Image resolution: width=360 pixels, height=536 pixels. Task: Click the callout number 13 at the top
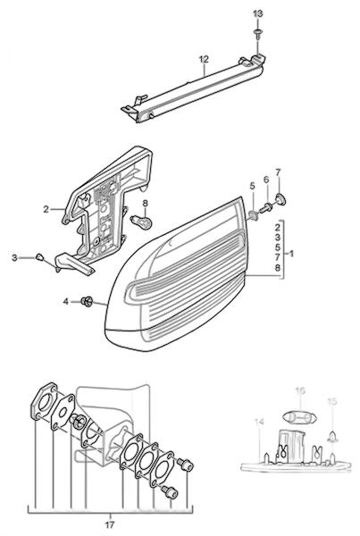point(258,14)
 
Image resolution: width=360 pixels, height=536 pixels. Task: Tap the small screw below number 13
point(258,33)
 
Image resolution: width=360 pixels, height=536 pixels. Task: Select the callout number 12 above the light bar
point(204,59)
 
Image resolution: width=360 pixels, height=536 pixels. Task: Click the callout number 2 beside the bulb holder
point(46,209)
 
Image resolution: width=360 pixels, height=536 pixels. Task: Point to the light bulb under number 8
point(142,221)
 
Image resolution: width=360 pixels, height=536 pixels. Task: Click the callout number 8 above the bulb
point(146,204)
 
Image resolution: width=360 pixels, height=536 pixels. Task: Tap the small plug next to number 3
point(39,256)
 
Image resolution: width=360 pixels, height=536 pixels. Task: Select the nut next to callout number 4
point(87,301)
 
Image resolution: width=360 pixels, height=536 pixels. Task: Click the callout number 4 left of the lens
point(66,302)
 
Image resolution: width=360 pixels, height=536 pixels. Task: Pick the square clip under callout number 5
point(254,215)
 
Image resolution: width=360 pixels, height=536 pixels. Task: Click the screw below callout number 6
point(265,207)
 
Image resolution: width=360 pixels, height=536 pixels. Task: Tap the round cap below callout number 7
point(280,199)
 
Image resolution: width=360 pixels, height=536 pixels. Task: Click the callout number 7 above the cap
point(278,172)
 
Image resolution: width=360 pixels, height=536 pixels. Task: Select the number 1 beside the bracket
point(291,254)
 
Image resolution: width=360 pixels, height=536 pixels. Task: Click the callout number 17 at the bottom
point(110,524)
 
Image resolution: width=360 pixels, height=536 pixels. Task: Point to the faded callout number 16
point(300,390)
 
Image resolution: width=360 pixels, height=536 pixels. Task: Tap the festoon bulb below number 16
point(301,416)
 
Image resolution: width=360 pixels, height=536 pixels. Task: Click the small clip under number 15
point(332,436)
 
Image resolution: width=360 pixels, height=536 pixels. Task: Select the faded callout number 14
point(259,423)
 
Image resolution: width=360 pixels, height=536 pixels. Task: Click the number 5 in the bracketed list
point(277,247)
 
